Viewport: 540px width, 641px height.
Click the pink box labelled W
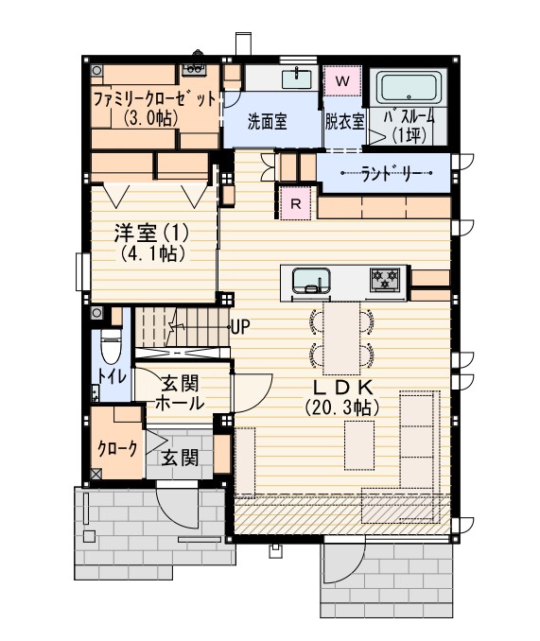342,81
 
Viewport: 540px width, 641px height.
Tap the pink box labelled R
296,202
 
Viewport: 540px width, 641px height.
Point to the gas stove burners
385,280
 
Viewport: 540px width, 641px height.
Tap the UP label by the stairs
240,327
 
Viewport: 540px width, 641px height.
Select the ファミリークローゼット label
155,99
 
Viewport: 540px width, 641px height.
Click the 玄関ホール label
179,393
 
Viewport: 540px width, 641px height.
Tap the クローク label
117,448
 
